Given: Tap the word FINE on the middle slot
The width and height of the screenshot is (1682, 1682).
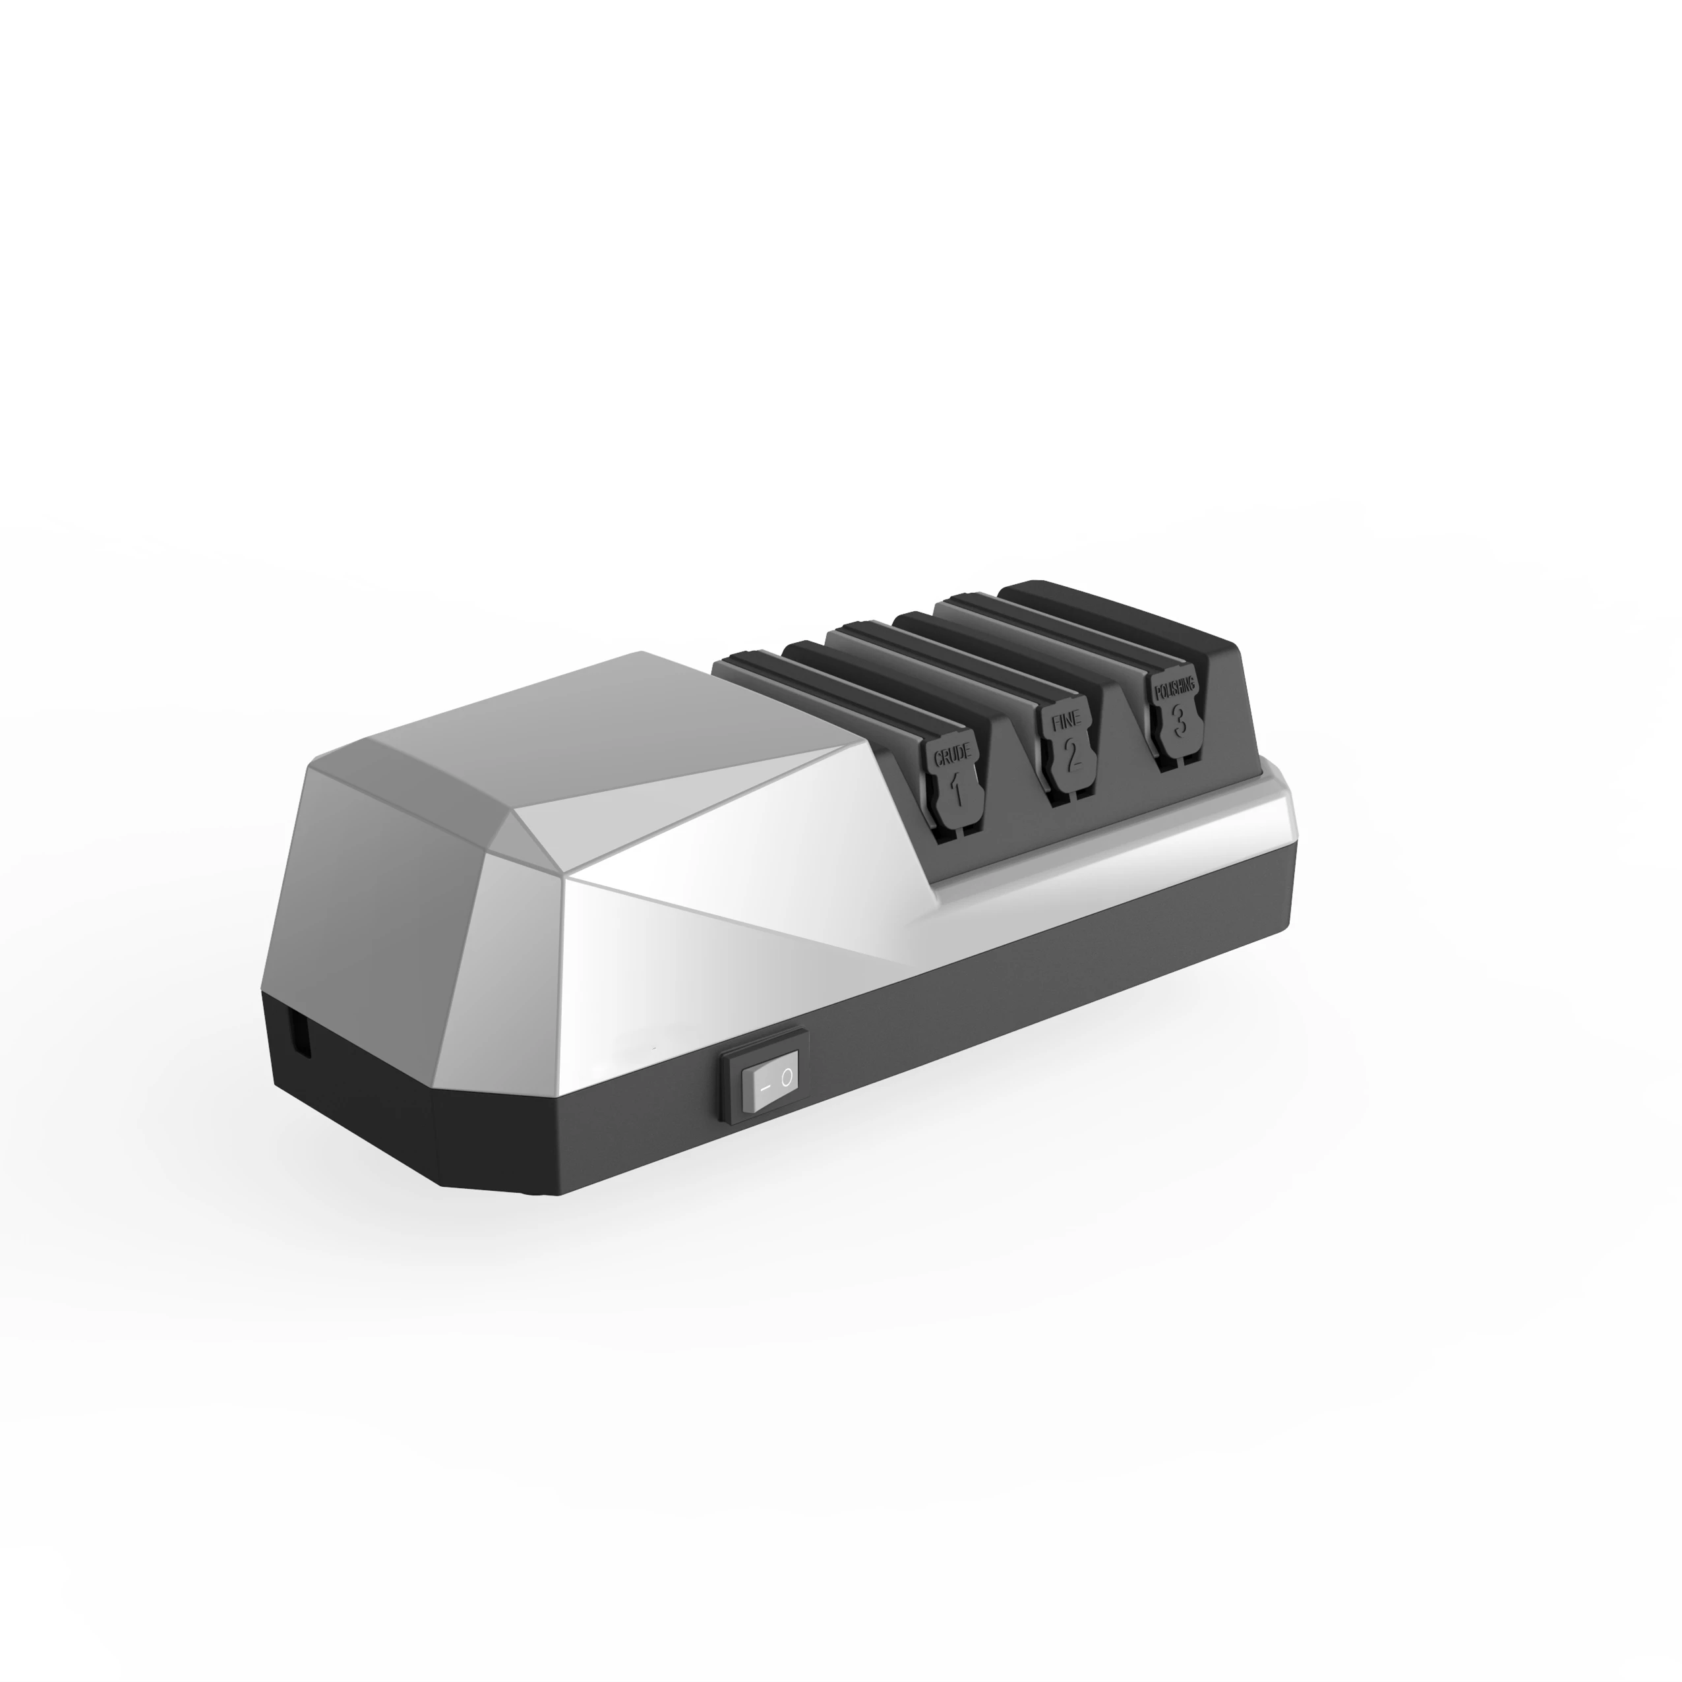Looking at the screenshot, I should (x=1066, y=722).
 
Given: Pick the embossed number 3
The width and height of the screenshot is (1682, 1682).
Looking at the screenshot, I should (x=1179, y=719).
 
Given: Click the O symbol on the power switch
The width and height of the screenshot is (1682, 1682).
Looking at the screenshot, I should (x=786, y=1079).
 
